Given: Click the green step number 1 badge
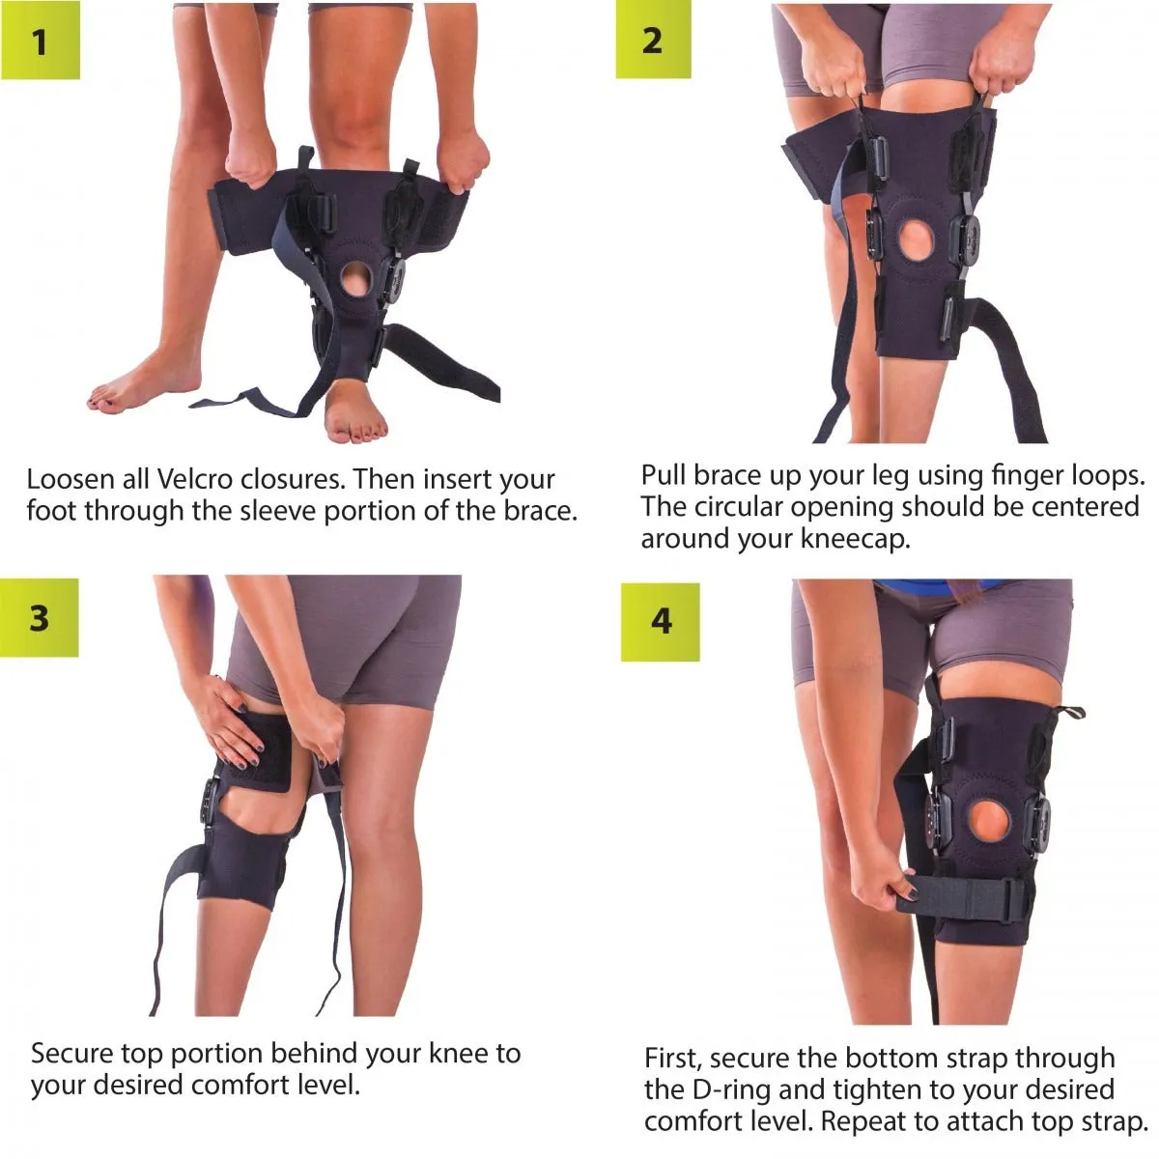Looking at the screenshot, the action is click(41, 41).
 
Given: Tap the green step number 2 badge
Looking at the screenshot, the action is click(653, 41).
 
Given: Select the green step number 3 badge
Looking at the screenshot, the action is click(39, 617).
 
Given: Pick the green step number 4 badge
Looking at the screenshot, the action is click(661, 622).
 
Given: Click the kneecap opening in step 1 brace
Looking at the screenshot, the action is click(357, 279).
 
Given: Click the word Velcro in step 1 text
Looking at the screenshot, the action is click(194, 479).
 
